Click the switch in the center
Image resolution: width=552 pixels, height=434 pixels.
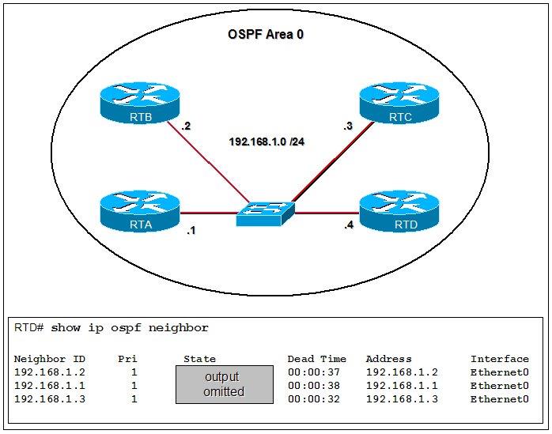(265, 213)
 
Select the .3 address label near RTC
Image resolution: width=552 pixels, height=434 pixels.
(347, 126)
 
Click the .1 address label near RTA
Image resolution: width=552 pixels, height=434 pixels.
(191, 232)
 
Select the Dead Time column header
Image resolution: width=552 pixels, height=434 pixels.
(316, 359)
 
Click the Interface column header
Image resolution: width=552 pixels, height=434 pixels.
(499, 359)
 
